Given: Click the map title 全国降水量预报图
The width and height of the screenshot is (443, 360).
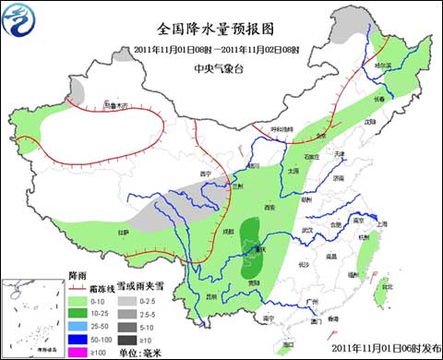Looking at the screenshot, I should [x=221, y=28].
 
